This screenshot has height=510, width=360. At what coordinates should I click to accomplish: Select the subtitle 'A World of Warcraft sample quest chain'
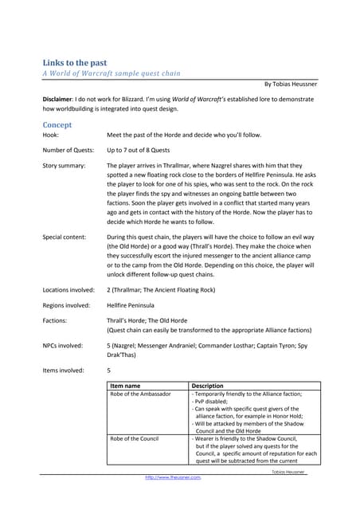112,73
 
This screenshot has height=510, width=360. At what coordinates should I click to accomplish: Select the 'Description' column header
208,386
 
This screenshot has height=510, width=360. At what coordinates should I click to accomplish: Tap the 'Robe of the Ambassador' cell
140,394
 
